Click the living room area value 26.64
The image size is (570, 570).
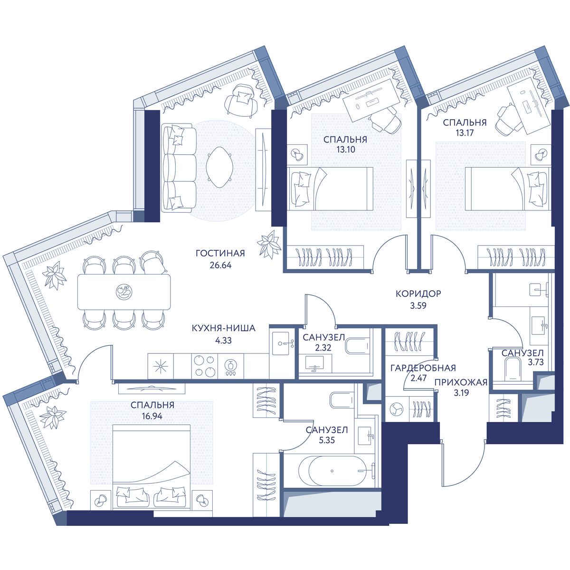(x=220, y=266)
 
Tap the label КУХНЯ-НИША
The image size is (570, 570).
(x=223, y=328)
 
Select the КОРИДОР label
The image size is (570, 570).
(x=418, y=294)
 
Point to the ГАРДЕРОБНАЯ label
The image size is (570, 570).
(x=423, y=368)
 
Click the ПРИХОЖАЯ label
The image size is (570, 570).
(x=461, y=382)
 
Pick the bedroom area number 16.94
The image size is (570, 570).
(x=152, y=416)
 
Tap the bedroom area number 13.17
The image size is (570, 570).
(x=465, y=133)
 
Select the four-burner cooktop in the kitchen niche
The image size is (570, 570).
(x=204, y=366)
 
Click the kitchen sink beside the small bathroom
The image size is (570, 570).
(x=283, y=343)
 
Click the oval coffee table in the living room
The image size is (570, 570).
(x=219, y=167)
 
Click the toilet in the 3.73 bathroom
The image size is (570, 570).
(x=513, y=369)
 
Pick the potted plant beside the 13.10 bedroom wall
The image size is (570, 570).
(x=269, y=244)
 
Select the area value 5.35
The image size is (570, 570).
(x=327, y=440)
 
